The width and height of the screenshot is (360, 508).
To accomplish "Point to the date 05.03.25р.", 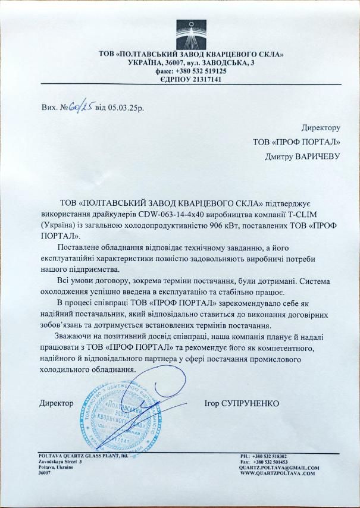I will (x=126, y=108).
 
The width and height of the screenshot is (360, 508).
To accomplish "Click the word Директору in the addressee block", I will (x=321, y=128).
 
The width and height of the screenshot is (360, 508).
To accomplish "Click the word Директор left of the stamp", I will (x=57, y=403).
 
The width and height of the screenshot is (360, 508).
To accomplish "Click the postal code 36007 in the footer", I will (x=45, y=473).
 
